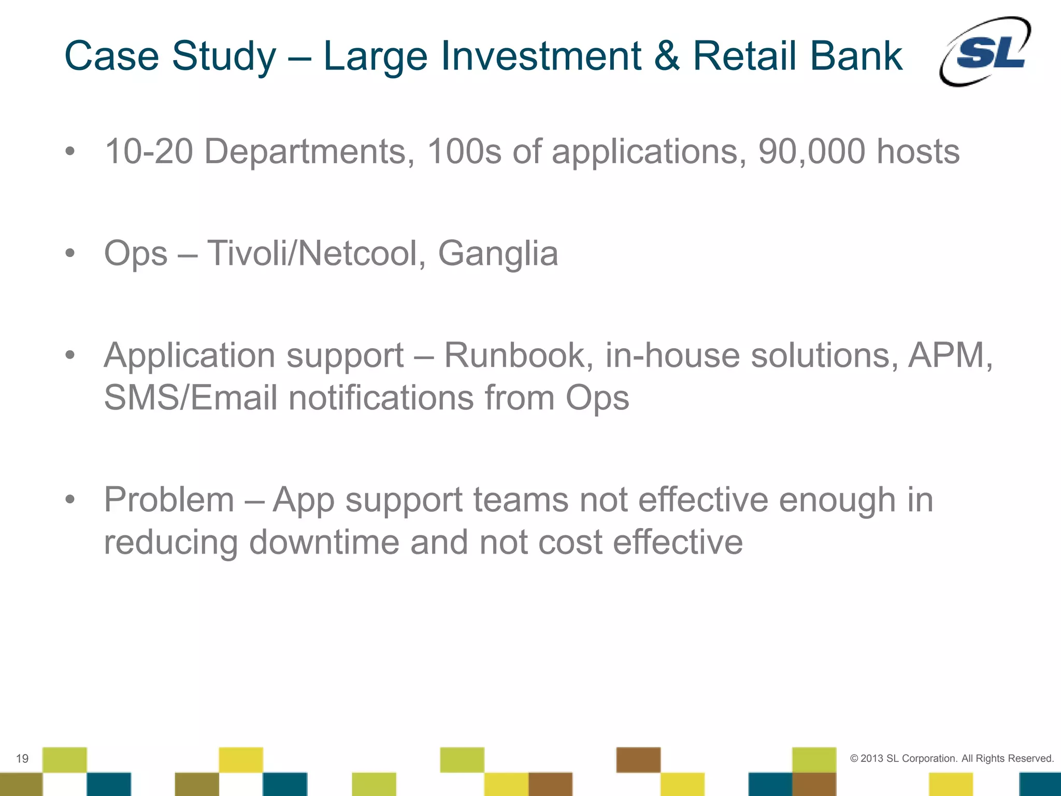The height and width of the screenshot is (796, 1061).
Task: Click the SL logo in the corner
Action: pos(985,52)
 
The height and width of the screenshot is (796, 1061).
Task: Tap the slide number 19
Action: pos(22,759)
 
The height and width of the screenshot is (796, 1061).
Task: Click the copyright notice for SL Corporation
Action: pos(952,758)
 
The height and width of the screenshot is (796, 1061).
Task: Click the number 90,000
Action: pos(812,152)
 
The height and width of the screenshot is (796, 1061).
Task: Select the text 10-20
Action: pos(149,152)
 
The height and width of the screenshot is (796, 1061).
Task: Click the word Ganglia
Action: pos(498,254)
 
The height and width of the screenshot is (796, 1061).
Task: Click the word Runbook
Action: pos(519,356)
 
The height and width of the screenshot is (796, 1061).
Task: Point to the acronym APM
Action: pos(948,356)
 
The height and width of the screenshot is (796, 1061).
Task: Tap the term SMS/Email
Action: pos(191,398)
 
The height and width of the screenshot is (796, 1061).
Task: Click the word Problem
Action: pos(169,500)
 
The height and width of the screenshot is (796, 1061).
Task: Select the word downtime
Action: pos(324,543)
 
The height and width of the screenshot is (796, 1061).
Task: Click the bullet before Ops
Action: pos(70,254)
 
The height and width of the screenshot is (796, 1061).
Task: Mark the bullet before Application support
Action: pos(70,356)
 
